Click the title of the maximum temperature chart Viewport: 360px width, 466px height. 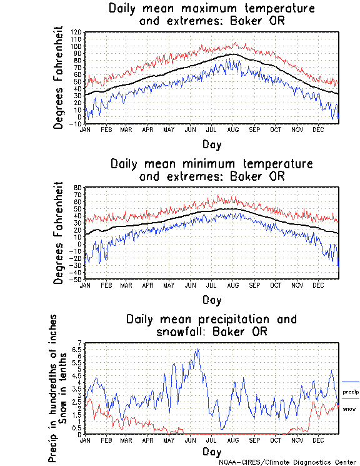pos(211,15)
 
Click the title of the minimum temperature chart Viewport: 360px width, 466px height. pos(211,170)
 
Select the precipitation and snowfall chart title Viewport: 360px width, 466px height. pos(211,325)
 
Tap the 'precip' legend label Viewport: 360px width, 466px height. pos(351,392)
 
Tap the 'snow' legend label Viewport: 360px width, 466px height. pos(349,408)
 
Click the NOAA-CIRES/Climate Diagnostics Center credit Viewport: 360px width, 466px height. pos(288,462)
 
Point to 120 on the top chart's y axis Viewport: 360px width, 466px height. pos(76,32)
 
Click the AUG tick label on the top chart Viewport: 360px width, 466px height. pos(232,129)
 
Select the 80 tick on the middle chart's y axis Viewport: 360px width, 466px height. pos(78,188)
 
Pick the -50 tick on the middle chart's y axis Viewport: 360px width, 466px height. pos(76,280)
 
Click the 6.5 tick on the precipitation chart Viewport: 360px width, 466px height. pos(77,350)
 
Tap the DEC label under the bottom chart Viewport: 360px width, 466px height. pos(318,440)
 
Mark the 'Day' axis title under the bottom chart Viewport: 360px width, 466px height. pos(211,452)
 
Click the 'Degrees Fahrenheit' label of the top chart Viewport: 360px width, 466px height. pos(59,78)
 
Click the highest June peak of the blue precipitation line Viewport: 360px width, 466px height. pos(198,350)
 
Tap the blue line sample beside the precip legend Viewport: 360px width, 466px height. pos(351,382)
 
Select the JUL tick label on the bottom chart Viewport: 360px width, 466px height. pos(211,440)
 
